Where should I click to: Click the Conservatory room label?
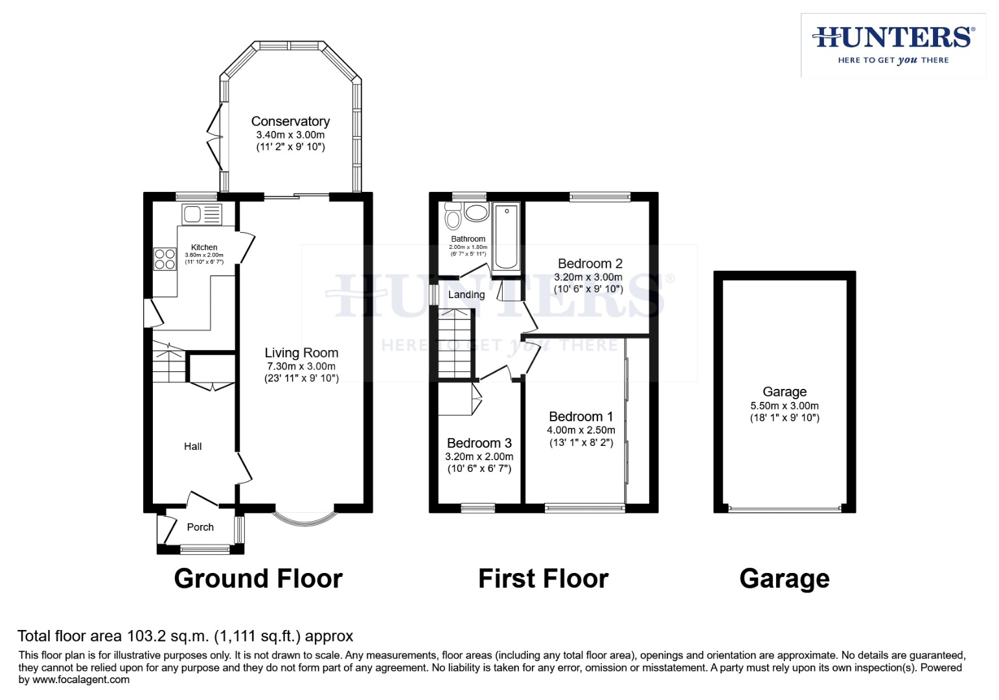[x=290, y=121]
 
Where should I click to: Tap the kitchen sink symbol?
[x=201, y=214]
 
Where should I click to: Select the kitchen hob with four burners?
[x=165, y=259]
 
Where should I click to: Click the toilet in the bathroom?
[x=453, y=217]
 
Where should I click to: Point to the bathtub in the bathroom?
[x=506, y=237]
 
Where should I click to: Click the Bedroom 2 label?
[x=590, y=263]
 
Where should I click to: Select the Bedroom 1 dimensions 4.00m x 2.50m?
[x=580, y=430]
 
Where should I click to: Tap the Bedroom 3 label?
[x=479, y=443]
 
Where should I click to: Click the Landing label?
[x=466, y=295]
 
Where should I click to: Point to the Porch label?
[x=200, y=527]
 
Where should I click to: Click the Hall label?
[x=192, y=446]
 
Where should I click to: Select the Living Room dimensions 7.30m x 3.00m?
[x=301, y=366]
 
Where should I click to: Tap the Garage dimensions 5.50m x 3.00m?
[x=784, y=406]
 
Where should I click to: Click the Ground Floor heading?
[x=258, y=578]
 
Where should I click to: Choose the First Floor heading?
[x=543, y=578]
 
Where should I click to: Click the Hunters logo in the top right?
[x=893, y=44]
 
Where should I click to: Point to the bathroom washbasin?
[x=477, y=213]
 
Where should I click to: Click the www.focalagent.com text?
[x=80, y=680]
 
